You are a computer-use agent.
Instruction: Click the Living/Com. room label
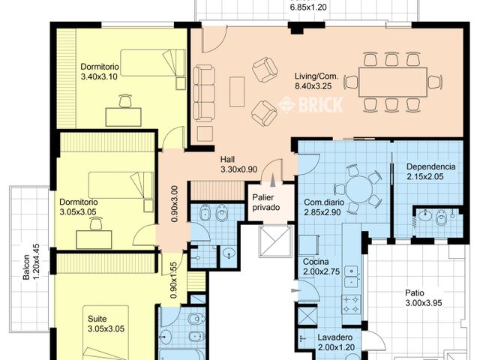coord(316,76)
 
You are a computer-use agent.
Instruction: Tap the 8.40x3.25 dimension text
coord(313,86)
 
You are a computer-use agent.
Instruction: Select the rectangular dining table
coord(393,82)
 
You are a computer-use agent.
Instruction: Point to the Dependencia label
coord(430,166)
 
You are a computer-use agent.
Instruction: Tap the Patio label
coord(415,293)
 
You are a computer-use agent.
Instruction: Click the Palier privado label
coord(266,202)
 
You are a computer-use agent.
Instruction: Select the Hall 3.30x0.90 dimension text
coord(238,169)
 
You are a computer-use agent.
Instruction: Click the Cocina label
coord(316,262)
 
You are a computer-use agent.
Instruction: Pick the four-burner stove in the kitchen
coord(351,304)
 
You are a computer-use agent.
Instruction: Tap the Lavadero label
coord(335,337)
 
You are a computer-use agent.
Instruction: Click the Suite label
coord(97,319)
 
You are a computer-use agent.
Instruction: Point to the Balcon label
coord(26,267)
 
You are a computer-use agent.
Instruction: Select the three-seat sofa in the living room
coord(204,93)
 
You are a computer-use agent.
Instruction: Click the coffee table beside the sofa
coord(237,91)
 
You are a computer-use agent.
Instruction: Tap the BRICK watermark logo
coord(310,105)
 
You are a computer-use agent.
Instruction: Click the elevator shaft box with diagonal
coord(275,241)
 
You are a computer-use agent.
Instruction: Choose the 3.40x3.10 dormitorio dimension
coord(99,76)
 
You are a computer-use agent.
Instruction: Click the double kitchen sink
coord(351,277)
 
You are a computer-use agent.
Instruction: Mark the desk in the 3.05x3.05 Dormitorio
coord(94,239)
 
